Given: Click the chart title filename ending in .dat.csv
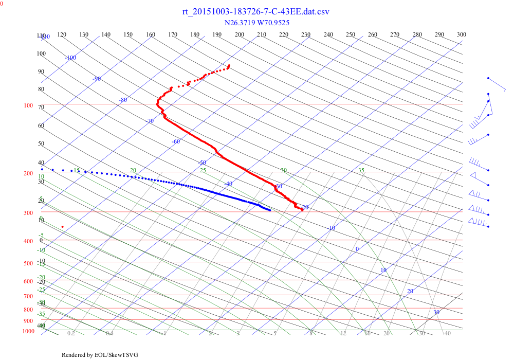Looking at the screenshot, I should pyautogui.click(x=256, y=12).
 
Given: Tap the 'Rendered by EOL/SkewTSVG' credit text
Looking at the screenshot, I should pyautogui.click(x=100, y=355).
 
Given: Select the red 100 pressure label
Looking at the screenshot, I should pyautogui.click(x=28, y=105).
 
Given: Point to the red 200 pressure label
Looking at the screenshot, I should pyautogui.click(x=28, y=173).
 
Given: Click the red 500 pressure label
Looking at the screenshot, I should pyautogui.click(x=28, y=263).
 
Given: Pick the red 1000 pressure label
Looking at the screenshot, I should pyautogui.click(x=28, y=331).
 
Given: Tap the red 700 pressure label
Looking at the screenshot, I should pyautogui.click(x=28, y=296).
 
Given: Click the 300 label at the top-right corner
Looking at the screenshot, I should pyautogui.click(x=462, y=34).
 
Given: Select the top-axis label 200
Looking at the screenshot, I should pyautogui.click(x=240, y=34).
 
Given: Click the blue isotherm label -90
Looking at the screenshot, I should pyautogui.click(x=97, y=79).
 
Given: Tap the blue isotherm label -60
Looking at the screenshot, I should pyautogui.click(x=176, y=141).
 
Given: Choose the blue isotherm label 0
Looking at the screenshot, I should pyautogui.click(x=357, y=249).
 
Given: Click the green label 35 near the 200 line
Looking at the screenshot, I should pyautogui.click(x=361, y=170).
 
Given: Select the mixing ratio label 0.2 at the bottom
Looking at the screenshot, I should pyautogui.click(x=71, y=334).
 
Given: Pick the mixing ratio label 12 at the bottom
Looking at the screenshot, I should pyautogui.click(x=343, y=334).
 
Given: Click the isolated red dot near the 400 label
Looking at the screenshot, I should pyautogui.click(x=63, y=227).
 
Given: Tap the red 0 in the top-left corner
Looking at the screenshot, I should pyautogui.click(x=2, y=4).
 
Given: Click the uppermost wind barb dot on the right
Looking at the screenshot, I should pyautogui.click(x=488, y=78).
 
